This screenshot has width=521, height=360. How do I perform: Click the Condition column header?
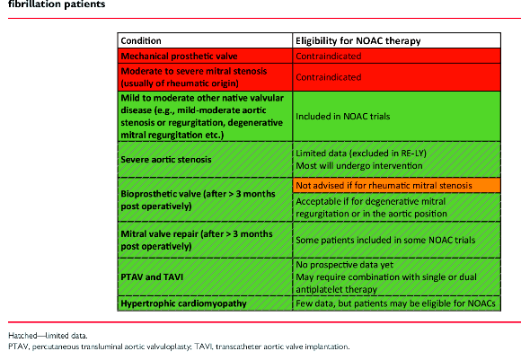141,41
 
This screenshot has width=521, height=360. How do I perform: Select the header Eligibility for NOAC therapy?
358,41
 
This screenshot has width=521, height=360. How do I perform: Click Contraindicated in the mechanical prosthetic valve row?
328,57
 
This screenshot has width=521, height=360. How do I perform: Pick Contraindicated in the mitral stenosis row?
328,77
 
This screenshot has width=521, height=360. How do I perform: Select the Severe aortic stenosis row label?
166,160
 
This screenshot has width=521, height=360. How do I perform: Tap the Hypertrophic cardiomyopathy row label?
183,303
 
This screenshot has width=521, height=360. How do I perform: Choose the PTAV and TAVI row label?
152,277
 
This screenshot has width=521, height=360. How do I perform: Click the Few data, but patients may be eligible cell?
395,303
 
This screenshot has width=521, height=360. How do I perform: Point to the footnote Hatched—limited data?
48,336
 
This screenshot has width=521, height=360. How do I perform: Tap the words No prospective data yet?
345,265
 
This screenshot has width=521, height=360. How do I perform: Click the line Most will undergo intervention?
359,165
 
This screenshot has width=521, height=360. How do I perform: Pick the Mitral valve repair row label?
197,240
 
